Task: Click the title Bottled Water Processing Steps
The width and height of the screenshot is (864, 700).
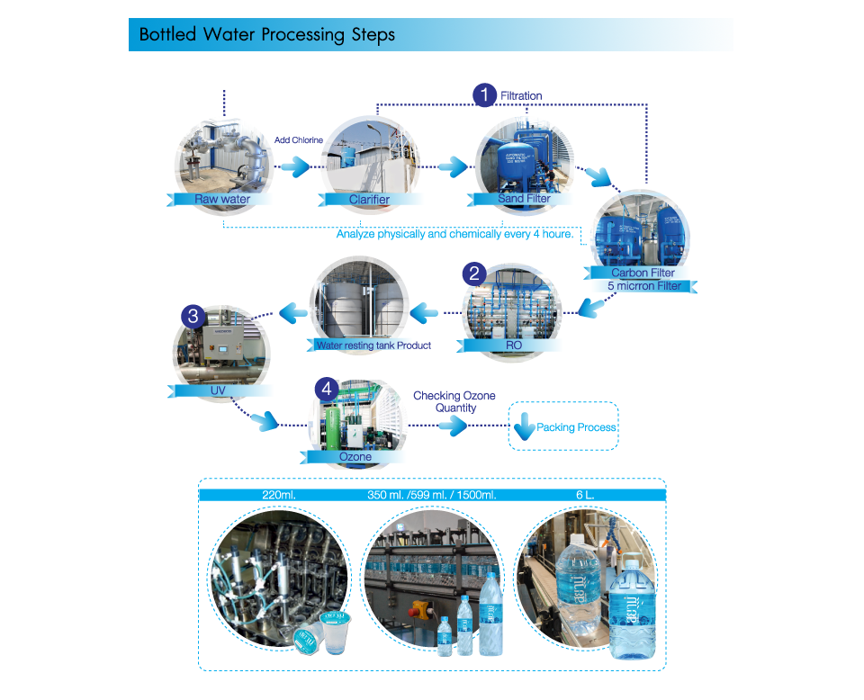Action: point(266,35)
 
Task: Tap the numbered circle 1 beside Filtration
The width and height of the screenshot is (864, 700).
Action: point(485,94)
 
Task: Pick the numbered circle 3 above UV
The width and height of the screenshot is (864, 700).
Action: point(193,316)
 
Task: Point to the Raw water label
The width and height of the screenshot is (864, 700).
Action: point(221,199)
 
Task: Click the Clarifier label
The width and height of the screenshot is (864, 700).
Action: point(368,199)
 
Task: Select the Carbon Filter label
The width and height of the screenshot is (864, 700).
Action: point(643,273)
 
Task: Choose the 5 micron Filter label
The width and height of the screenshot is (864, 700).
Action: point(650,286)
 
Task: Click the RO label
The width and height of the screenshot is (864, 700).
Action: point(514,345)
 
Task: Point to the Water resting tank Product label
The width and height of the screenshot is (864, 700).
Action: point(373,346)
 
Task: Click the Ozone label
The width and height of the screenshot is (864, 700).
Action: point(355,456)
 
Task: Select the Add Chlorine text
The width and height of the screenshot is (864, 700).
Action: point(299,140)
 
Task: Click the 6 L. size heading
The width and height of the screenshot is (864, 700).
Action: point(583,495)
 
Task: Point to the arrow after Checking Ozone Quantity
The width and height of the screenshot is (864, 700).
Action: point(456,426)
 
